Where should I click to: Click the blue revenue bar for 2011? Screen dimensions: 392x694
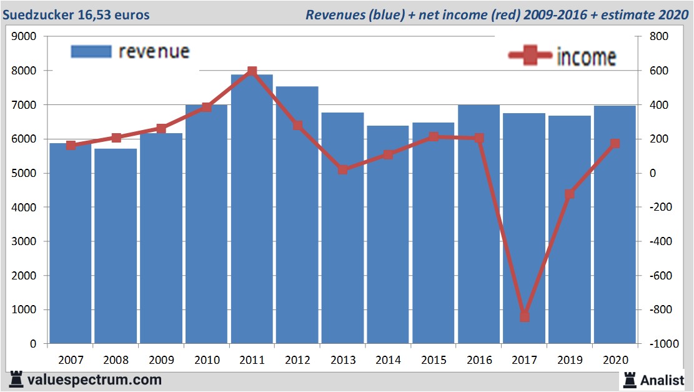pos(252,213)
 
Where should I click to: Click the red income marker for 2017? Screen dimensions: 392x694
pos(524,316)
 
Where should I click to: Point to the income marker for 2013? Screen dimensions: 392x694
pos(343,169)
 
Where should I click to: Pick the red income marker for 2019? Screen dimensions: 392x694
pos(570,194)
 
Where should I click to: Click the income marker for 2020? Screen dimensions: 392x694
pos(615,144)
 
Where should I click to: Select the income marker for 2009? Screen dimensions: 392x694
pos(161,129)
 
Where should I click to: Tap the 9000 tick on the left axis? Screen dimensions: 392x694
pos(25,37)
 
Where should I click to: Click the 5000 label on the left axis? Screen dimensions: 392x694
pos(25,173)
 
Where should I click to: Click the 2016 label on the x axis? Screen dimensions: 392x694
pos(479,361)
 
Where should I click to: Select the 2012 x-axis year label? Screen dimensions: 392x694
pos(297,361)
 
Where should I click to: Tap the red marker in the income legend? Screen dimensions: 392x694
pos(530,56)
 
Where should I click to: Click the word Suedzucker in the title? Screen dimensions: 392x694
pos(37,14)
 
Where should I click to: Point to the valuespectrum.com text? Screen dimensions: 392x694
pos(94,379)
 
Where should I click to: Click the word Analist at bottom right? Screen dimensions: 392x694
pos(663,379)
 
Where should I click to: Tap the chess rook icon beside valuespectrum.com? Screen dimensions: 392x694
pos(16,379)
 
